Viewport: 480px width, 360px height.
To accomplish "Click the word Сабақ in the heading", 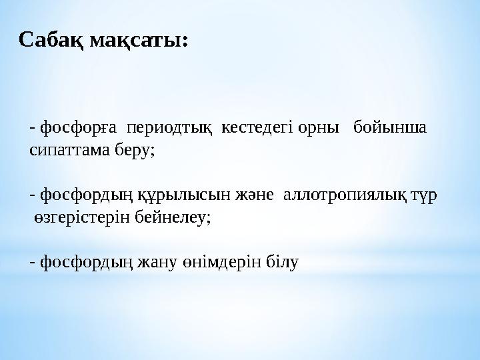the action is (51, 40).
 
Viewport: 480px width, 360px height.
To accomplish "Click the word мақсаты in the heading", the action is (135, 41).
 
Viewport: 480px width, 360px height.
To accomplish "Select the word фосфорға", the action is (79, 127).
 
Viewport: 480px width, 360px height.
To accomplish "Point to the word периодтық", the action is (169, 128).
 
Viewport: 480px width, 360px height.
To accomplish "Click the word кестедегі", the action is (258, 127).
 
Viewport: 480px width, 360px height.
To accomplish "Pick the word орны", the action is (319, 128).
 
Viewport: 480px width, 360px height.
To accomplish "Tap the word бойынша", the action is (390, 127).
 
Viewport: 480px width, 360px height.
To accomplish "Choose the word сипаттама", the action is (70, 150).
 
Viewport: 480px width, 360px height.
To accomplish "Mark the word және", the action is (254, 195).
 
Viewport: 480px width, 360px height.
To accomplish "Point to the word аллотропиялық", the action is (345, 195).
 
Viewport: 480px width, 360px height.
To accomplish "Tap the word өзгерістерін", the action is (82, 217).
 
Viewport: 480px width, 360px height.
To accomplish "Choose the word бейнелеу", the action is (171, 217).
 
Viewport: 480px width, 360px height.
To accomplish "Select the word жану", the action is (157, 263).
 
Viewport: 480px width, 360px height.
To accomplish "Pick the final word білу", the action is (282, 262).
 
